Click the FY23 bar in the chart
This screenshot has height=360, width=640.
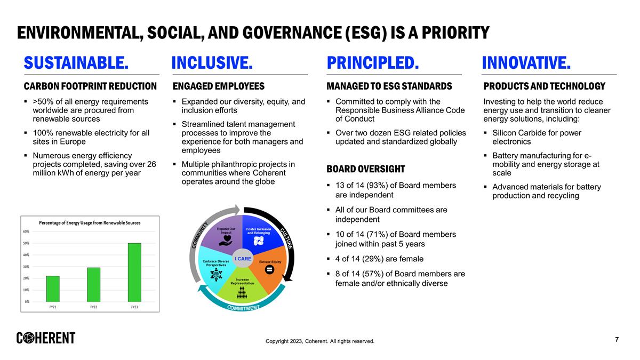(134, 273)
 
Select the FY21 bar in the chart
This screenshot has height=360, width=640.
(53, 289)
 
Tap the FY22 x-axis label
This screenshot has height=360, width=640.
(93, 307)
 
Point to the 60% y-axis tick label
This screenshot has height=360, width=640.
(26, 231)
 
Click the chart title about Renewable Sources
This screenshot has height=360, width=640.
(90, 222)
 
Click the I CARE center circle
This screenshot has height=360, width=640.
(243, 259)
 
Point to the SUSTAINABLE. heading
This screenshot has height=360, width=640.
(76, 63)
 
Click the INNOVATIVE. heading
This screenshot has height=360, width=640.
(526, 63)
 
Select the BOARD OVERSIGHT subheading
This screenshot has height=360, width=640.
(365, 169)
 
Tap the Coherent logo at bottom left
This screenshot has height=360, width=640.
(46, 338)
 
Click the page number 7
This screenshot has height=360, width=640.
(617, 340)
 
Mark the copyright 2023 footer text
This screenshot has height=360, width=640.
(320, 341)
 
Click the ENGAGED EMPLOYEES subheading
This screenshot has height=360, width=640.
(219, 86)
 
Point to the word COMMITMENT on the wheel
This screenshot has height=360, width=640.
(243, 308)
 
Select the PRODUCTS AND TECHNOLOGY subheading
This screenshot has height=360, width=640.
(544, 86)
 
